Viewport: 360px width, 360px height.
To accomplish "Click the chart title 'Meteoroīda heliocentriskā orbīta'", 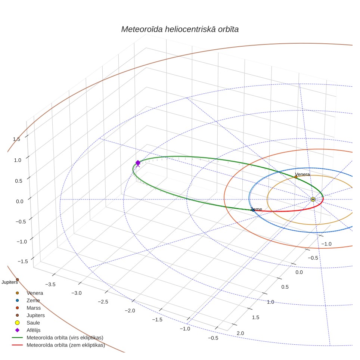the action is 180,30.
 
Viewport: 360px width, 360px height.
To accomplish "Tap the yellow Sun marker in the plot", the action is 313,199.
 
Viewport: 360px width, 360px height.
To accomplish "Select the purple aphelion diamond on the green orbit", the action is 138,163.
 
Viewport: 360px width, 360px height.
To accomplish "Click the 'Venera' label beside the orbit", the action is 302,174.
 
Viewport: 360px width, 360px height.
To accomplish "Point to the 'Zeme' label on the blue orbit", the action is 256,209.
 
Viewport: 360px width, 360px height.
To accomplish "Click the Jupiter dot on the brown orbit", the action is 17,279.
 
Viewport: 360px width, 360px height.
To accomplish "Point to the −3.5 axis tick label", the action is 50,285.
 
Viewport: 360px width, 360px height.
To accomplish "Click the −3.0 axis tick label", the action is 77,293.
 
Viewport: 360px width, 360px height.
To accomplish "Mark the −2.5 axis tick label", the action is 103,302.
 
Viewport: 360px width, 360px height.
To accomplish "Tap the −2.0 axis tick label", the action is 130,311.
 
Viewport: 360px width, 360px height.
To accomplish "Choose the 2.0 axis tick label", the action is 240,333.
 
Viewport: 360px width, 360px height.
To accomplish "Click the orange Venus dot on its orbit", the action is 296,177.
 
